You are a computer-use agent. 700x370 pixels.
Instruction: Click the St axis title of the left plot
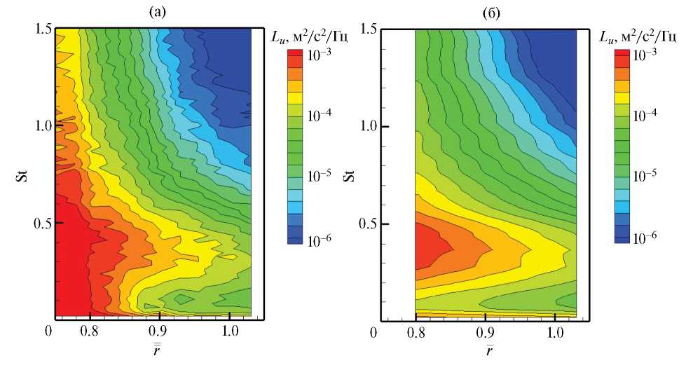point(20,172)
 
